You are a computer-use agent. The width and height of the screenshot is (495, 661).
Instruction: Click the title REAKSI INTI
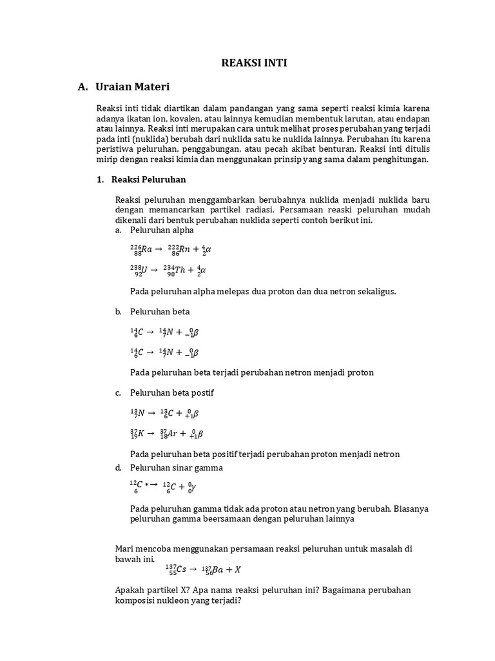point(254,63)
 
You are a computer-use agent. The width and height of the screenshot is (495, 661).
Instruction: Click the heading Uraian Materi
point(132,86)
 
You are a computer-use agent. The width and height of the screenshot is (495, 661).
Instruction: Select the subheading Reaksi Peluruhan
point(148,179)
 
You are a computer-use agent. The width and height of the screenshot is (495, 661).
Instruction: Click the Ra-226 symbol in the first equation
point(141,249)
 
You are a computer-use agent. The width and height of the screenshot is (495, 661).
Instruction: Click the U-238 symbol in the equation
point(138,270)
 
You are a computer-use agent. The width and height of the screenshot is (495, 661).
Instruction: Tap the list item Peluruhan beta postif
point(172,392)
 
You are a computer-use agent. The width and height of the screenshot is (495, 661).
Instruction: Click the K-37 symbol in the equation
point(137,434)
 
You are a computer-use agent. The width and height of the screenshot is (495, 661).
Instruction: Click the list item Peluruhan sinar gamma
point(176,467)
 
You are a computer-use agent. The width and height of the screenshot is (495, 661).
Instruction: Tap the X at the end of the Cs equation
point(237,570)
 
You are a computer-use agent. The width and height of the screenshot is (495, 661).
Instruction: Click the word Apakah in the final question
point(129,590)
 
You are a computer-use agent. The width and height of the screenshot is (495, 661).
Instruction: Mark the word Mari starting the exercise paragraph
point(124,549)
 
